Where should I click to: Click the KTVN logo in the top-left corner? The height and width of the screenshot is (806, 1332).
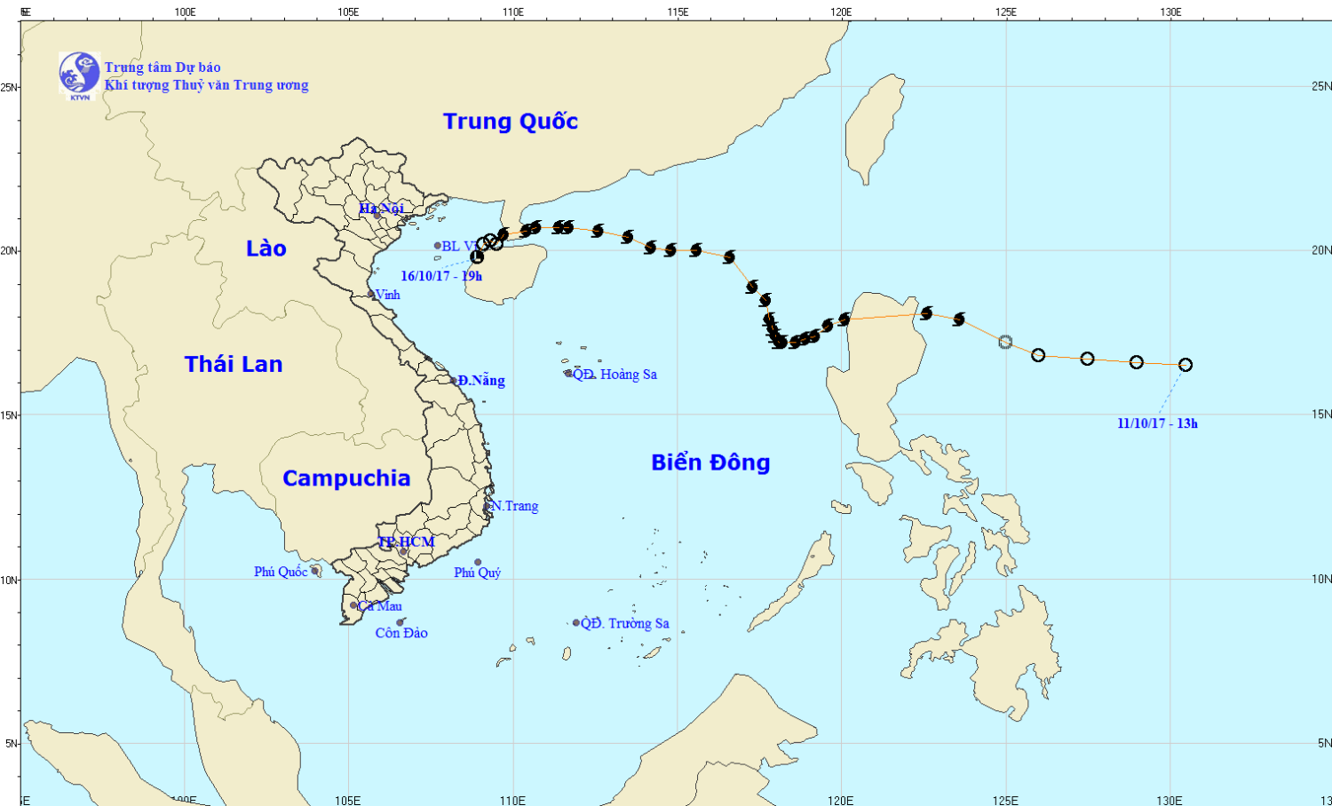pos(79,75)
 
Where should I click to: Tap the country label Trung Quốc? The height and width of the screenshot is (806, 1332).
pos(511,122)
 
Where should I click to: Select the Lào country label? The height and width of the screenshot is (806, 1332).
pos(266,249)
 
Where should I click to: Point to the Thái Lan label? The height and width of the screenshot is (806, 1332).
pos(234,364)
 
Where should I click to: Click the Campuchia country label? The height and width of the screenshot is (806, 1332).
pos(346,478)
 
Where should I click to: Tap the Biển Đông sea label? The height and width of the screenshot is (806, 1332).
pos(710,462)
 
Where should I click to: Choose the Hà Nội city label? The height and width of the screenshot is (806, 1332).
pos(381,209)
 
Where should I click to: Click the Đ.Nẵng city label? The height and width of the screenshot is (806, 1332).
pos(481,381)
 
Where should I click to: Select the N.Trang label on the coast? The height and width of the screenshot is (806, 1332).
pos(515,506)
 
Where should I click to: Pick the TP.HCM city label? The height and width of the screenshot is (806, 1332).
pos(407,541)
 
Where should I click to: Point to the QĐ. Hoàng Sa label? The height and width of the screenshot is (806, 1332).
pos(614,375)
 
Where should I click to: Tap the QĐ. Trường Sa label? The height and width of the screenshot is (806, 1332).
pos(625,623)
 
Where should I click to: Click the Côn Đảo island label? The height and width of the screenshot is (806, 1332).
pos(401,633)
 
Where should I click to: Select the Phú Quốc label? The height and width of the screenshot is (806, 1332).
pos(281,572)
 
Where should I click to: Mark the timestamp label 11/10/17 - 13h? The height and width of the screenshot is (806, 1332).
pos(1157,423)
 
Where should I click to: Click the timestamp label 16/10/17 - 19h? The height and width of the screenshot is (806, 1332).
pos(441,276)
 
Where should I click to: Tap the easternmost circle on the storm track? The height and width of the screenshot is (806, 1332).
pos(1185,365)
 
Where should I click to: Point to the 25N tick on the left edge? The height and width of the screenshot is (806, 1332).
pos(9,87)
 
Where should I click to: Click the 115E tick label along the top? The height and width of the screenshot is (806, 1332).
pos(678,12)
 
